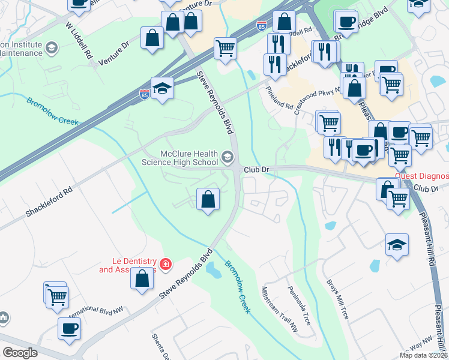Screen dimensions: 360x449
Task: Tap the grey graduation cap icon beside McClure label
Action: [x=227, y=157]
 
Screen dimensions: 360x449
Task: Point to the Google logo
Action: [x=20, y=352]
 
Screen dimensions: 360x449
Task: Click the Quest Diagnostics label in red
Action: [x=422, y=176]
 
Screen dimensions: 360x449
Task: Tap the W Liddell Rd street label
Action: [x=79, y=40]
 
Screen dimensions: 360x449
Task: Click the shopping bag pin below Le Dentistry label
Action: [x=142, y=279]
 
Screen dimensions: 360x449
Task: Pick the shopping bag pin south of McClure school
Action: [x=208, y=199]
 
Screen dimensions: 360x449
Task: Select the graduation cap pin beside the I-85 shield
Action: [x=162, y=89]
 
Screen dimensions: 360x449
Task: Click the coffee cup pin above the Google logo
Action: [x=69, y=329]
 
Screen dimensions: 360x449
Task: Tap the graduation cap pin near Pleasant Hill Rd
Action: [x=397, y=244]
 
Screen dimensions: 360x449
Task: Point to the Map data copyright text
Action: [x=424, y=355]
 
